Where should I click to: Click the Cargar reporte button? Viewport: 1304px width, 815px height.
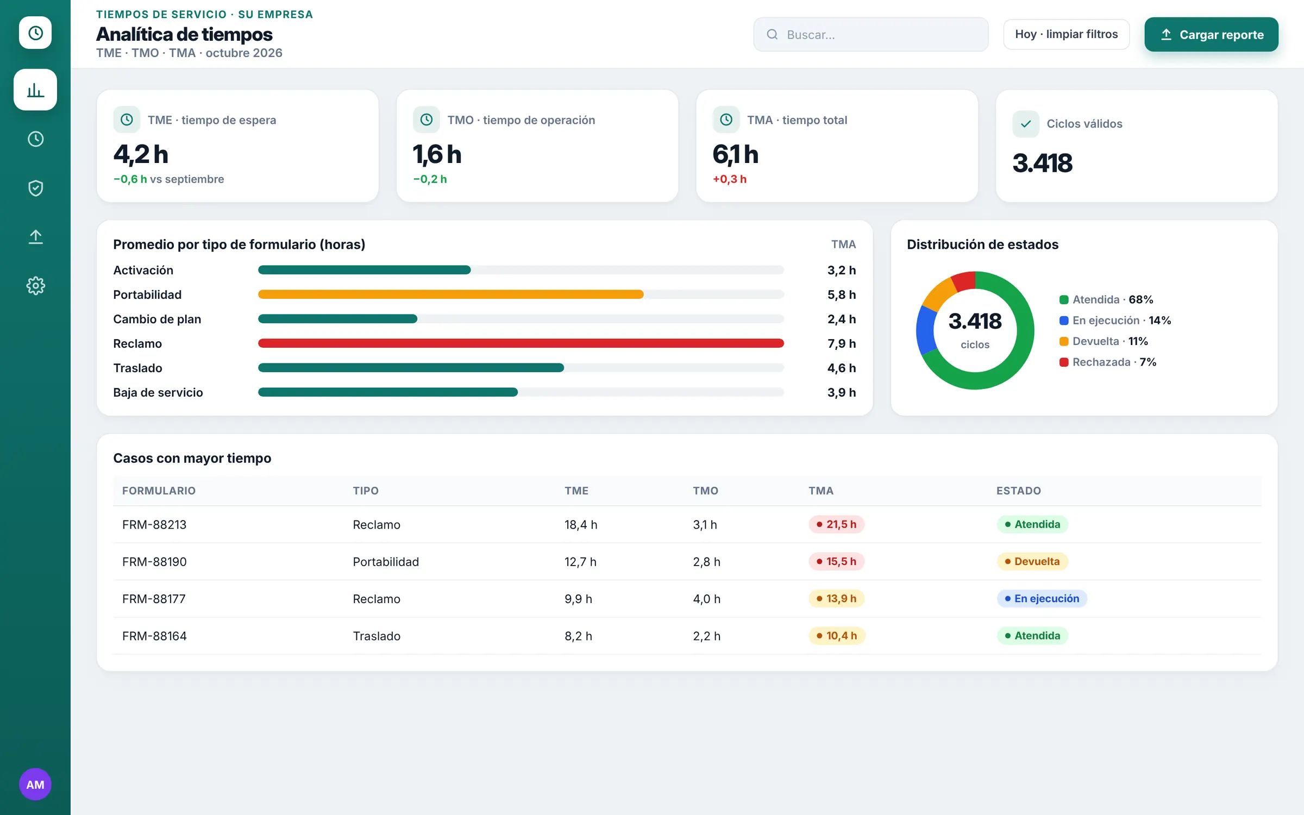click(1211, 34)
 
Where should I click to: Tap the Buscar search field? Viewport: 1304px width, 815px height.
click(870, 34)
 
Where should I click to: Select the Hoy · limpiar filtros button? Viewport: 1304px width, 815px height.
click(1066, 34)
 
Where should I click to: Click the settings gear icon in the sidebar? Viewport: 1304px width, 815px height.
click(35, 285)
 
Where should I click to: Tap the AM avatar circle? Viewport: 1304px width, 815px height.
click(35, 784)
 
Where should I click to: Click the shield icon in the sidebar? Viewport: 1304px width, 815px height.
click(35, 188)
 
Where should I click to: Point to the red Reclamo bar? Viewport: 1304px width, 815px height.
click(521, 343)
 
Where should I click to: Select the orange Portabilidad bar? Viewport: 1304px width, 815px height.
click(451, 294)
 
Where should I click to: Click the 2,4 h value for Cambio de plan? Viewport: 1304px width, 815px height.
click(842, 319)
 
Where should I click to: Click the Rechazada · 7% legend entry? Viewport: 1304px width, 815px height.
click(1108, 362)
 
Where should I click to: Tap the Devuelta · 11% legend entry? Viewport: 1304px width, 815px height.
click(1104, 341)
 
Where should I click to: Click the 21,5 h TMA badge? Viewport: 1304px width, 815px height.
click(836, 524)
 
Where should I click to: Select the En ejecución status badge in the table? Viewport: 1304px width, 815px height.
click(1042, 598)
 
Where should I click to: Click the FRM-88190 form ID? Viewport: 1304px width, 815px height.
click(154, 561)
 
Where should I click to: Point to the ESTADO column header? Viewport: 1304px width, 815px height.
click(1018, 491)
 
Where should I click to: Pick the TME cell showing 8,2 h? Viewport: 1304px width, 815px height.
click(578, 636)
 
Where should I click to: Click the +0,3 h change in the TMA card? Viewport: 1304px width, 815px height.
click(729, 179)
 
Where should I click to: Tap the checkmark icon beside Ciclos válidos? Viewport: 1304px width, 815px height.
click(1025, 124)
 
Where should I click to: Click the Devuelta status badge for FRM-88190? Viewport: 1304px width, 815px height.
click(1032, 561)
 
